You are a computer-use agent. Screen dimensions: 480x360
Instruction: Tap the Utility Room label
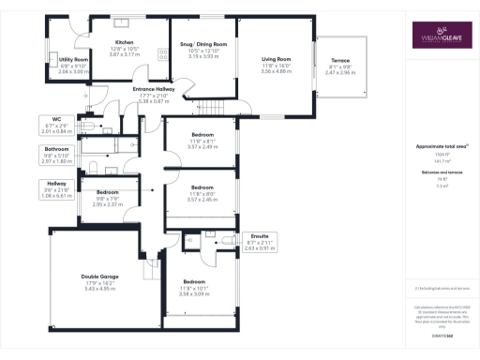coord(73,59)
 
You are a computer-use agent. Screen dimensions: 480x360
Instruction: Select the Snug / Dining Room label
coord(202,44)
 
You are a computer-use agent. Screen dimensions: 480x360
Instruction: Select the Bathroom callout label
coord(56,148)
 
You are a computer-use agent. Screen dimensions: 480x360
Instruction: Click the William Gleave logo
coord(441,37)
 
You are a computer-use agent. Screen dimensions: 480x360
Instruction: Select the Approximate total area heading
coord(441,148)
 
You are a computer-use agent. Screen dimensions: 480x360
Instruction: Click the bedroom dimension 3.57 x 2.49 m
coord(202,146)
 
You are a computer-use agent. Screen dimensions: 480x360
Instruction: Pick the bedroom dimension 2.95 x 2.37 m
coord(111,203)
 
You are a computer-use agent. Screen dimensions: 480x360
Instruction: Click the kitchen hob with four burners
coord(162,54)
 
